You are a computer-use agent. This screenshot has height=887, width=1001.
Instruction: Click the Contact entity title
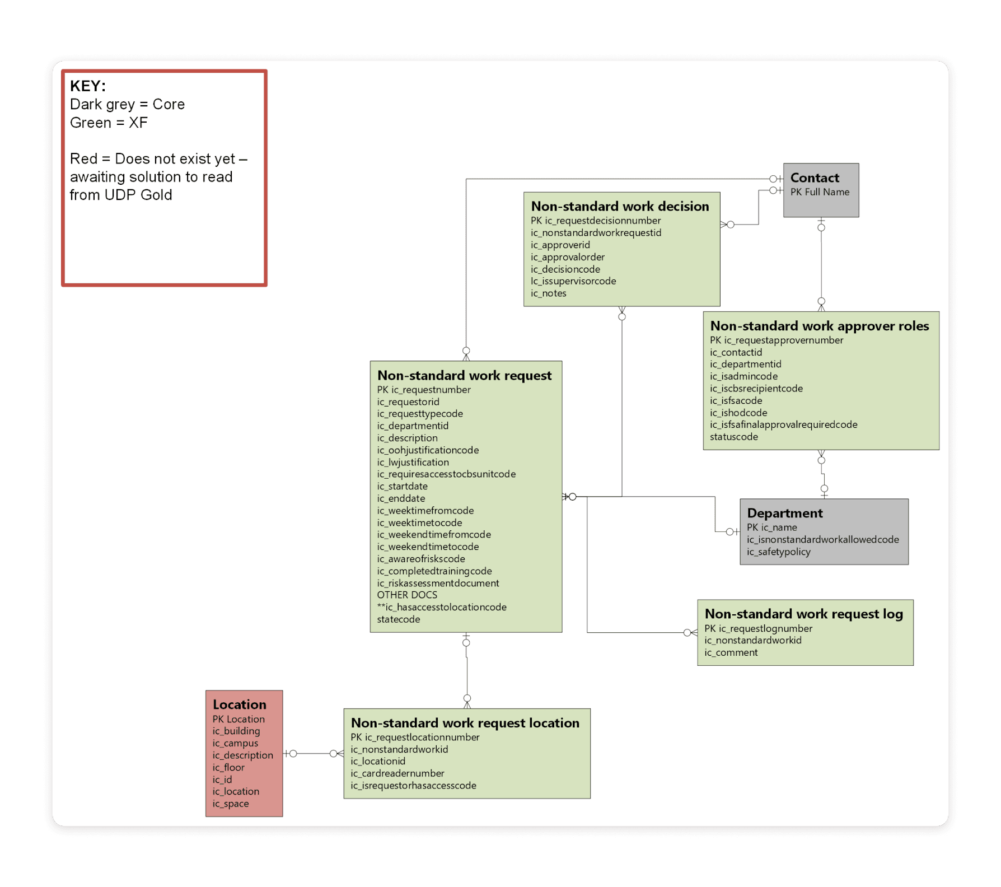click(815, 178)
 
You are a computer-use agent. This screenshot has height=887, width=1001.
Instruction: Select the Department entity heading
click(784, 513)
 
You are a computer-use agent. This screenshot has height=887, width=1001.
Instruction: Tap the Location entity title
click(239, 705)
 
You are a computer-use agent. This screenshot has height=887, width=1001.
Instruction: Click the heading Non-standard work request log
click(803, 614)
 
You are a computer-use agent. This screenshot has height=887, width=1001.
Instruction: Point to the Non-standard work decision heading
click(620, 207)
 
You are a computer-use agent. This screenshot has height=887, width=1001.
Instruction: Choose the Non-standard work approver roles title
click(819, 326)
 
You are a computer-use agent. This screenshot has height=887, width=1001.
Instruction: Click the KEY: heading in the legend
click(88, 86)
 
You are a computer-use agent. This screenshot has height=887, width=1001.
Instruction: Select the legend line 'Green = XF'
click(109, 123)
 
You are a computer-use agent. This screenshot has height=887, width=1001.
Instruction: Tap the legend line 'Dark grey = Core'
click(127, 105)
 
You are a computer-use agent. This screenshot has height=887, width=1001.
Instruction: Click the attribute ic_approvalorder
click(568, 257)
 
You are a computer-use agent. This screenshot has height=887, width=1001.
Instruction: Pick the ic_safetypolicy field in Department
click(778, 552)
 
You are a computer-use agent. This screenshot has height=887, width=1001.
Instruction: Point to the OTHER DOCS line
click(407, 595)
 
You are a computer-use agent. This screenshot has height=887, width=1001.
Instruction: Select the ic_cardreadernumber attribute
click(397, 773)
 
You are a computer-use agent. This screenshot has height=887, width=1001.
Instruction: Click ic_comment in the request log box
click(731, 652)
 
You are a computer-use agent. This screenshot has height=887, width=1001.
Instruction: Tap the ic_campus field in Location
click(235, 743)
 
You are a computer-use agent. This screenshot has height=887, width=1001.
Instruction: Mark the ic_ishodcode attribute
click(738, 413)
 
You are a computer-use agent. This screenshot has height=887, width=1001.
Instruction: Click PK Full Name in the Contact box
click(820, 192)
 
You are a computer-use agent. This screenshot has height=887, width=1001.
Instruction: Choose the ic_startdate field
click(402, 487)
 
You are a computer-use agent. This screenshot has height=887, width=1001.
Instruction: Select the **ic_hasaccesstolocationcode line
click(442, 607)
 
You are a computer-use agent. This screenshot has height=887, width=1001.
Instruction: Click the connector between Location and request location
click(313, 754)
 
